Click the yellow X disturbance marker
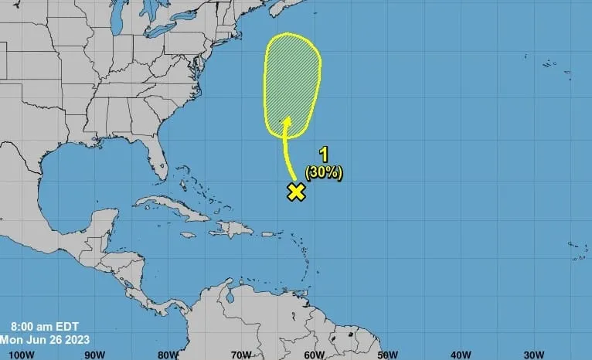[295, 192]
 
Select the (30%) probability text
[324, 172]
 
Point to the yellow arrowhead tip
[286, 118]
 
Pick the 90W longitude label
[94, 354]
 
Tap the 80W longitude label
[168, 354]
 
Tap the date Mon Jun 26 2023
[46, 339]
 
